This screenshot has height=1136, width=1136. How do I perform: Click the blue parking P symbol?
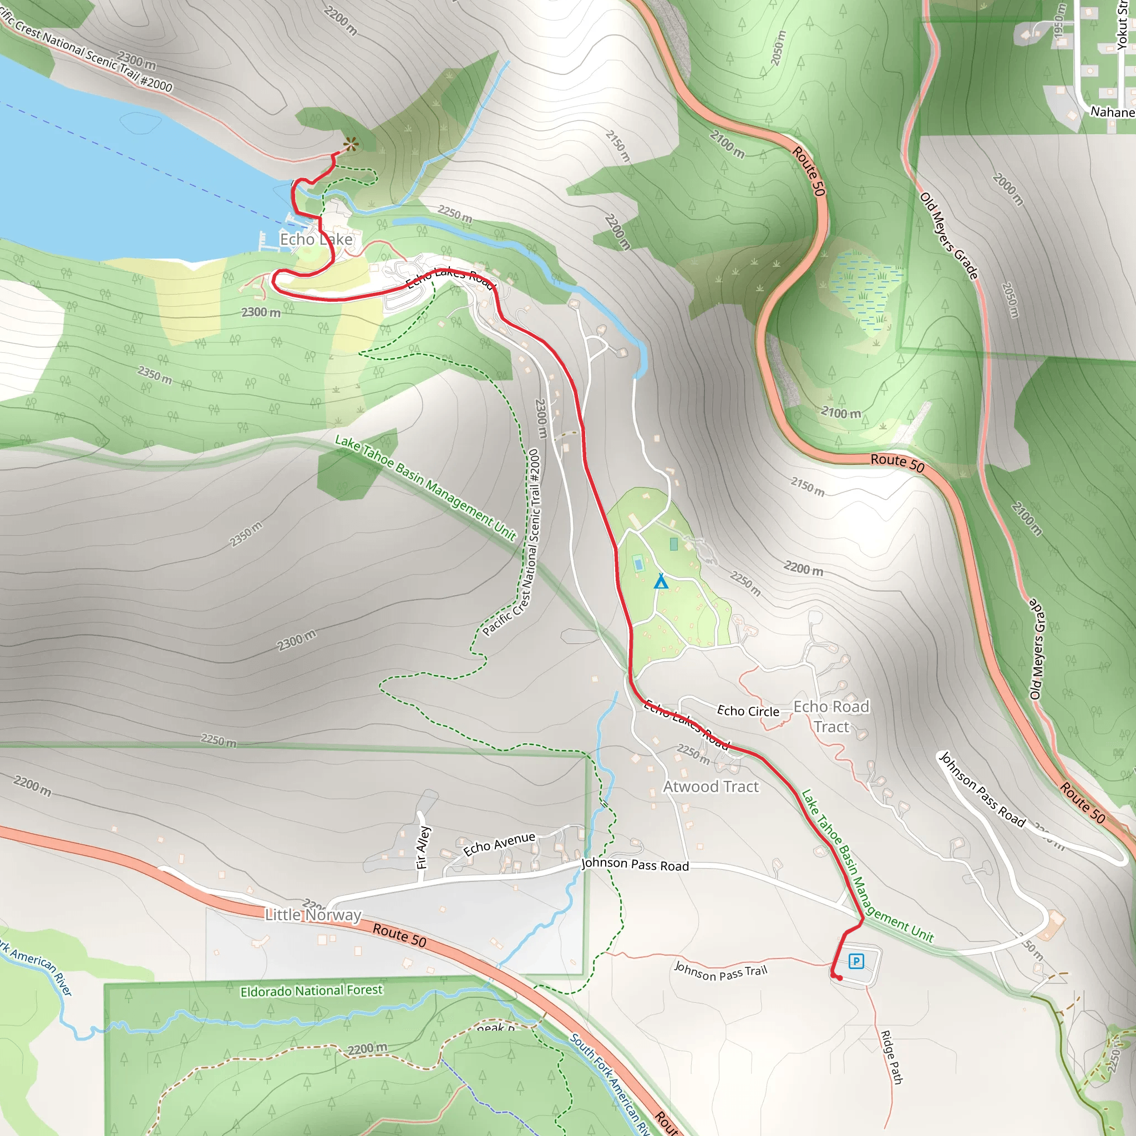click(856, 961)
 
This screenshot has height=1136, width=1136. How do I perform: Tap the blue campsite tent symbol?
click(661, 581)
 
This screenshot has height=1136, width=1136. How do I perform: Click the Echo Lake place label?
click(316, 239)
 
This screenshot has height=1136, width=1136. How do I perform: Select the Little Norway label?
click(313, 915)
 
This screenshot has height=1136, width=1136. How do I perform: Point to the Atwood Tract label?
click(711, 787)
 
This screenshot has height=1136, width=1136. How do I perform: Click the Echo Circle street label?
click(748, 711)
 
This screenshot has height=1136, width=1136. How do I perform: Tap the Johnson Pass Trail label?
click(721, 971)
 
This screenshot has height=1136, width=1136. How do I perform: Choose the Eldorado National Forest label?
click(311, 991)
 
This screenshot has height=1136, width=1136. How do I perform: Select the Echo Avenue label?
click(499, 844)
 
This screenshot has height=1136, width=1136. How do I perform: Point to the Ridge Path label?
click(891, 1056)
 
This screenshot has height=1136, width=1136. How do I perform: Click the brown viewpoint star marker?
click(351, 144)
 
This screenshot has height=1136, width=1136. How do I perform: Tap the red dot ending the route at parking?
click(840, 978)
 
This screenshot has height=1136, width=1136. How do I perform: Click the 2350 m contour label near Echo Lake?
click(155, 375)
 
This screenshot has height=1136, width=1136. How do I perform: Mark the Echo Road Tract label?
click(831, 717)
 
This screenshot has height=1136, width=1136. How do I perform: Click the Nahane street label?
click(1113, 111)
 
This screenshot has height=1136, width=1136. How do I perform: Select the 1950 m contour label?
click(1059, 21)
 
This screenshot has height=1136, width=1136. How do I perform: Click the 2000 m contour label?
click(1008, 189)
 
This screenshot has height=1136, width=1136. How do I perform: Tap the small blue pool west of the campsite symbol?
click(638, 564)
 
